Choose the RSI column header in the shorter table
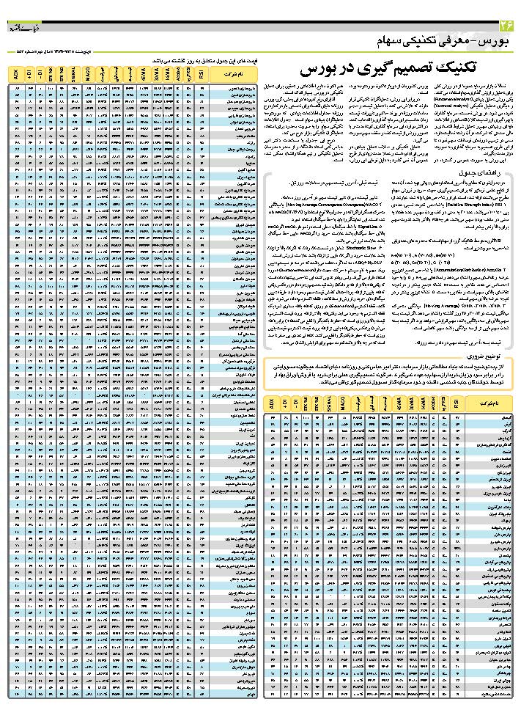pyautogui.click(x=457, y=403)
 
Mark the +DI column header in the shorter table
pyautogui.click(x=284, y=403)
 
